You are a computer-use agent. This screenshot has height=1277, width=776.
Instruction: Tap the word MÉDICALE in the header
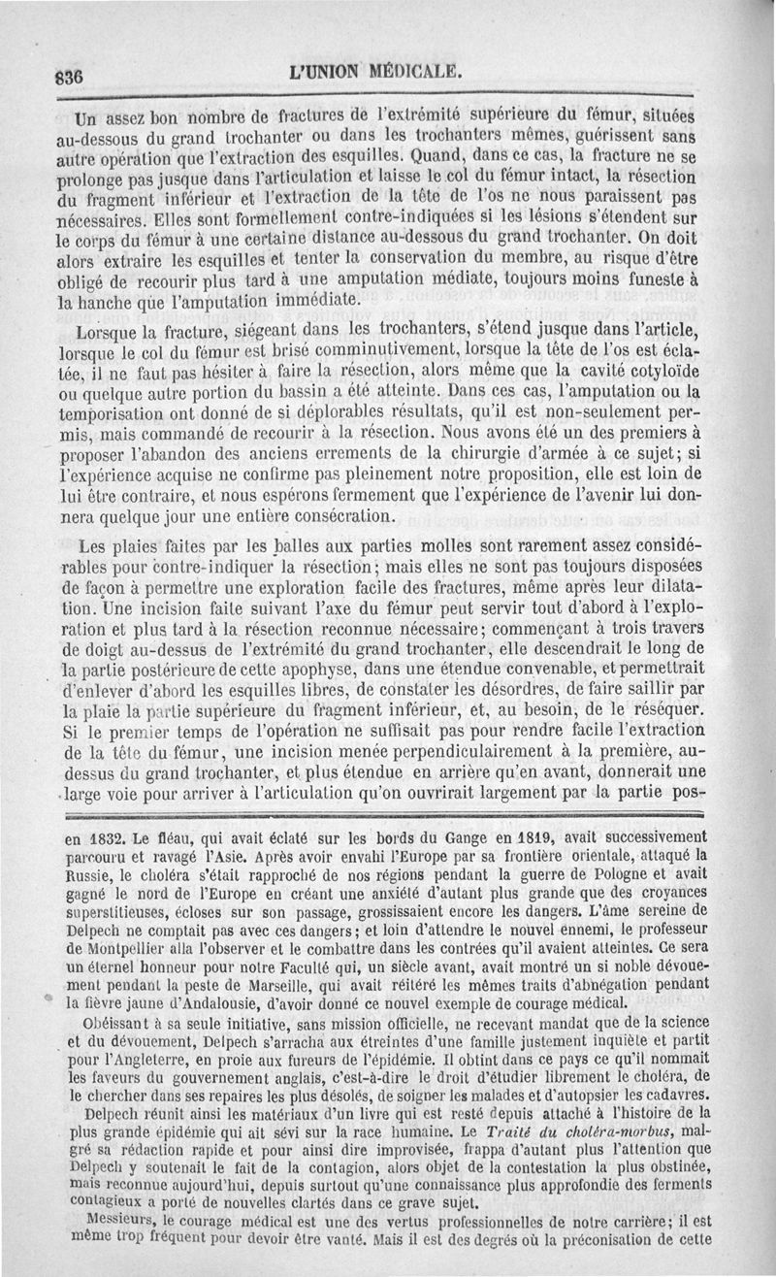[411, 71]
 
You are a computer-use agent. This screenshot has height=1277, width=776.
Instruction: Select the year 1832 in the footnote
[99, 836]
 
